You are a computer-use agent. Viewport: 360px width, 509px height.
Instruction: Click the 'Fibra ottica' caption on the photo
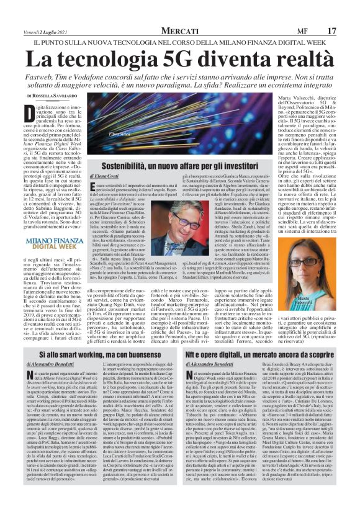[x=122, y=151]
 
